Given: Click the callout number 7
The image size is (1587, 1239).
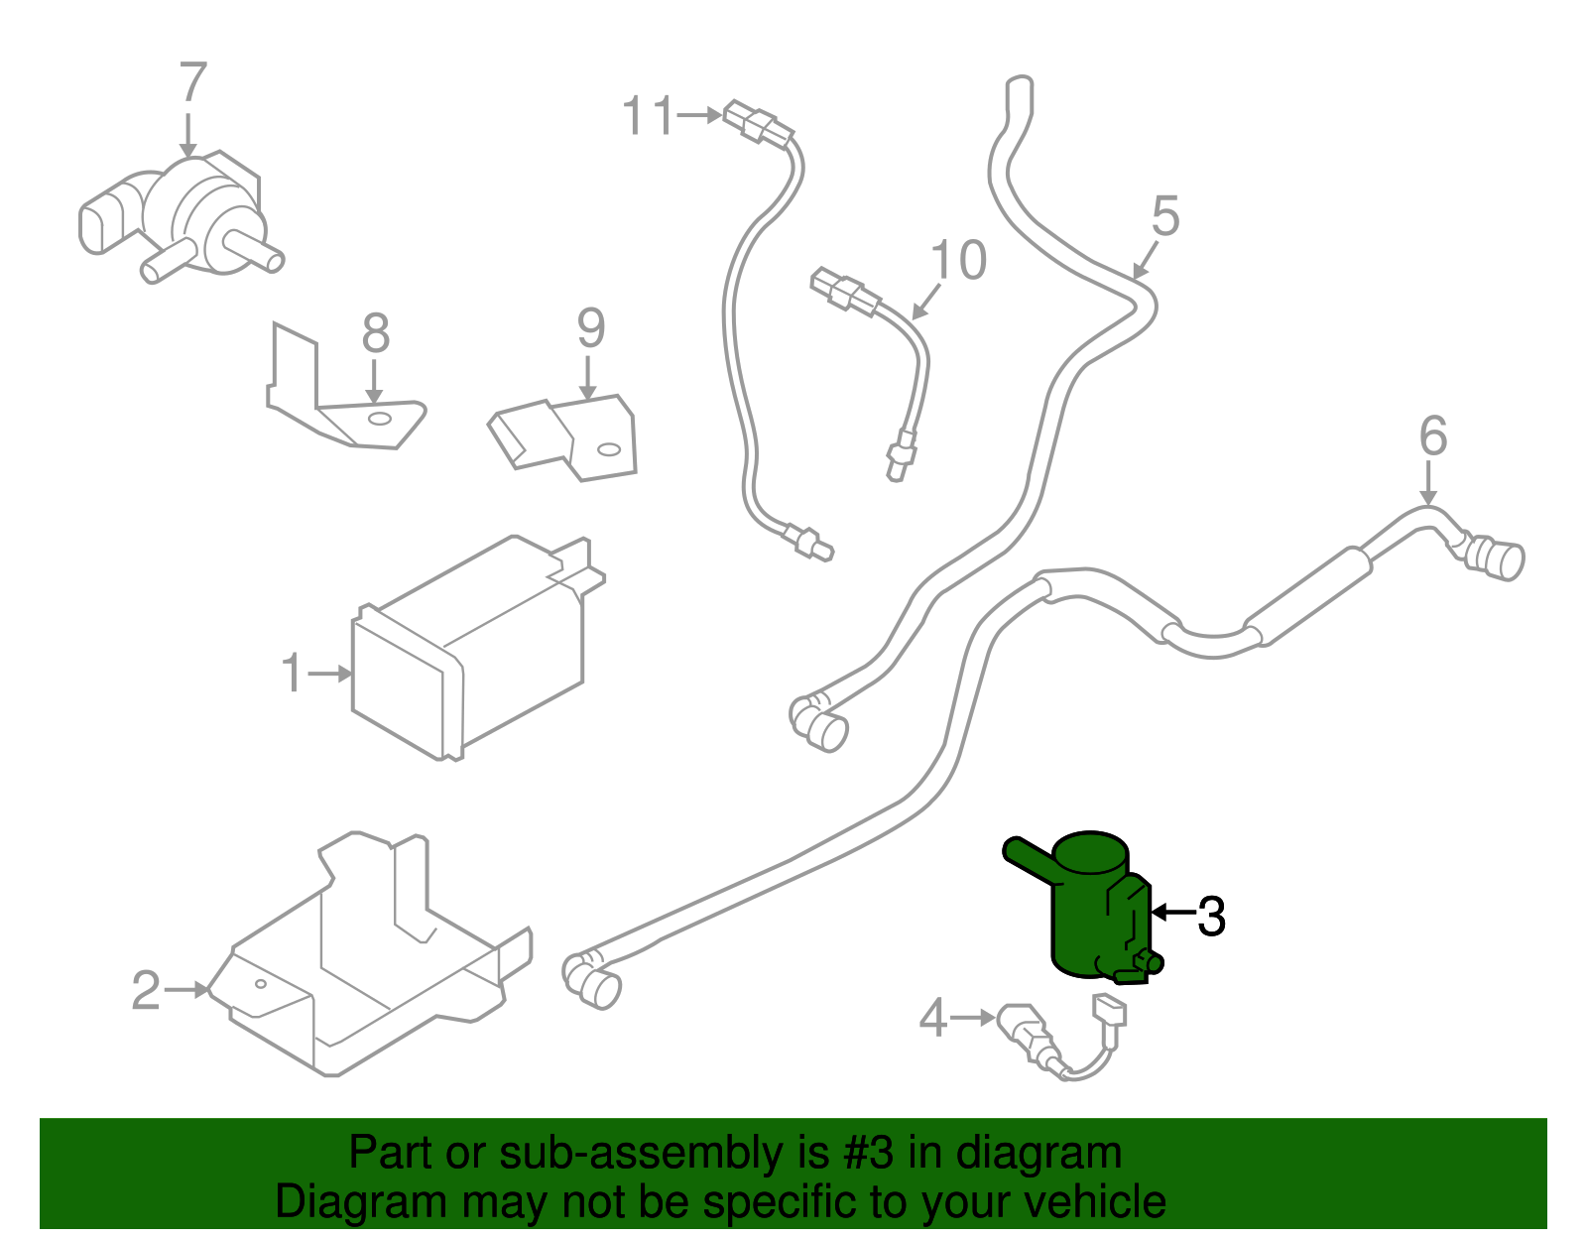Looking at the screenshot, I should (x=193, y=83).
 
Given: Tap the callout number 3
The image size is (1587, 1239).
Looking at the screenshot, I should (x=1211, y=917).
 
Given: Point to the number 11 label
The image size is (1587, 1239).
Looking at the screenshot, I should (x=648, y=116).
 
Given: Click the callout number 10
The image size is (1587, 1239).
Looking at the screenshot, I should (x=958, y=261).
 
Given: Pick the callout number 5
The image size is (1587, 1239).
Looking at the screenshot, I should (x=1165, y=216).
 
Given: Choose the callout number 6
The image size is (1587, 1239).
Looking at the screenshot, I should (x=1433, y=436).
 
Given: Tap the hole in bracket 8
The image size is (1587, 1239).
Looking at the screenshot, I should (x=378, y=419).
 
